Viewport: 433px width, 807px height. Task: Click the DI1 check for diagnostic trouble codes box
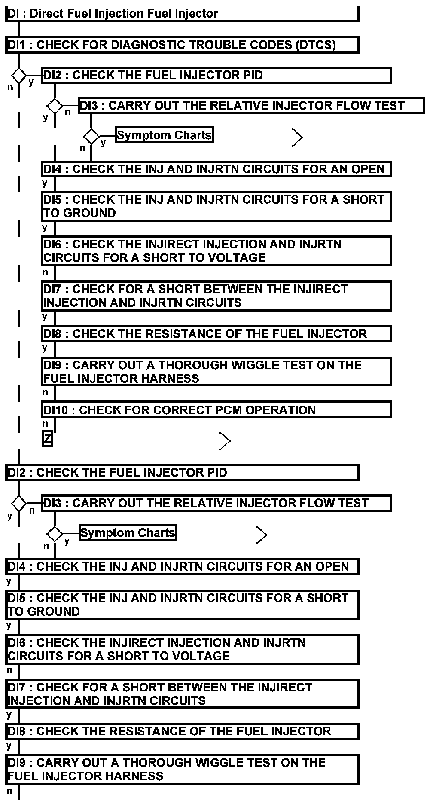pyautogui.click(x=182, y=45)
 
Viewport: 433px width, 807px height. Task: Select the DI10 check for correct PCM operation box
pyautogui.click(x=216, y=410)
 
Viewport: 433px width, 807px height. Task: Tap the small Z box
pyautogui.click(x=47, y=439)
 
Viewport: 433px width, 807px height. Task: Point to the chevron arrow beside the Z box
pyautogui.click(x=225, y=441)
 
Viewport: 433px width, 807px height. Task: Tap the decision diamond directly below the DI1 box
pyautogui.click(x=19, y=75)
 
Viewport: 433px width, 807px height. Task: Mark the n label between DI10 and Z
pyautogui.click(x=45, y=424)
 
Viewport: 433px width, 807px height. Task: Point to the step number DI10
pyautogui.click(x=55, y=410)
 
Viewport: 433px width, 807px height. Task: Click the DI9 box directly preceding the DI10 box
pyautogui.click(x=216, y=372)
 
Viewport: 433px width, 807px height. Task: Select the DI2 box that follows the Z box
pyautogui.click(x=182, y=473)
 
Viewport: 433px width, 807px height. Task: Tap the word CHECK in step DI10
pyautogui.click(x=99, y=410)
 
